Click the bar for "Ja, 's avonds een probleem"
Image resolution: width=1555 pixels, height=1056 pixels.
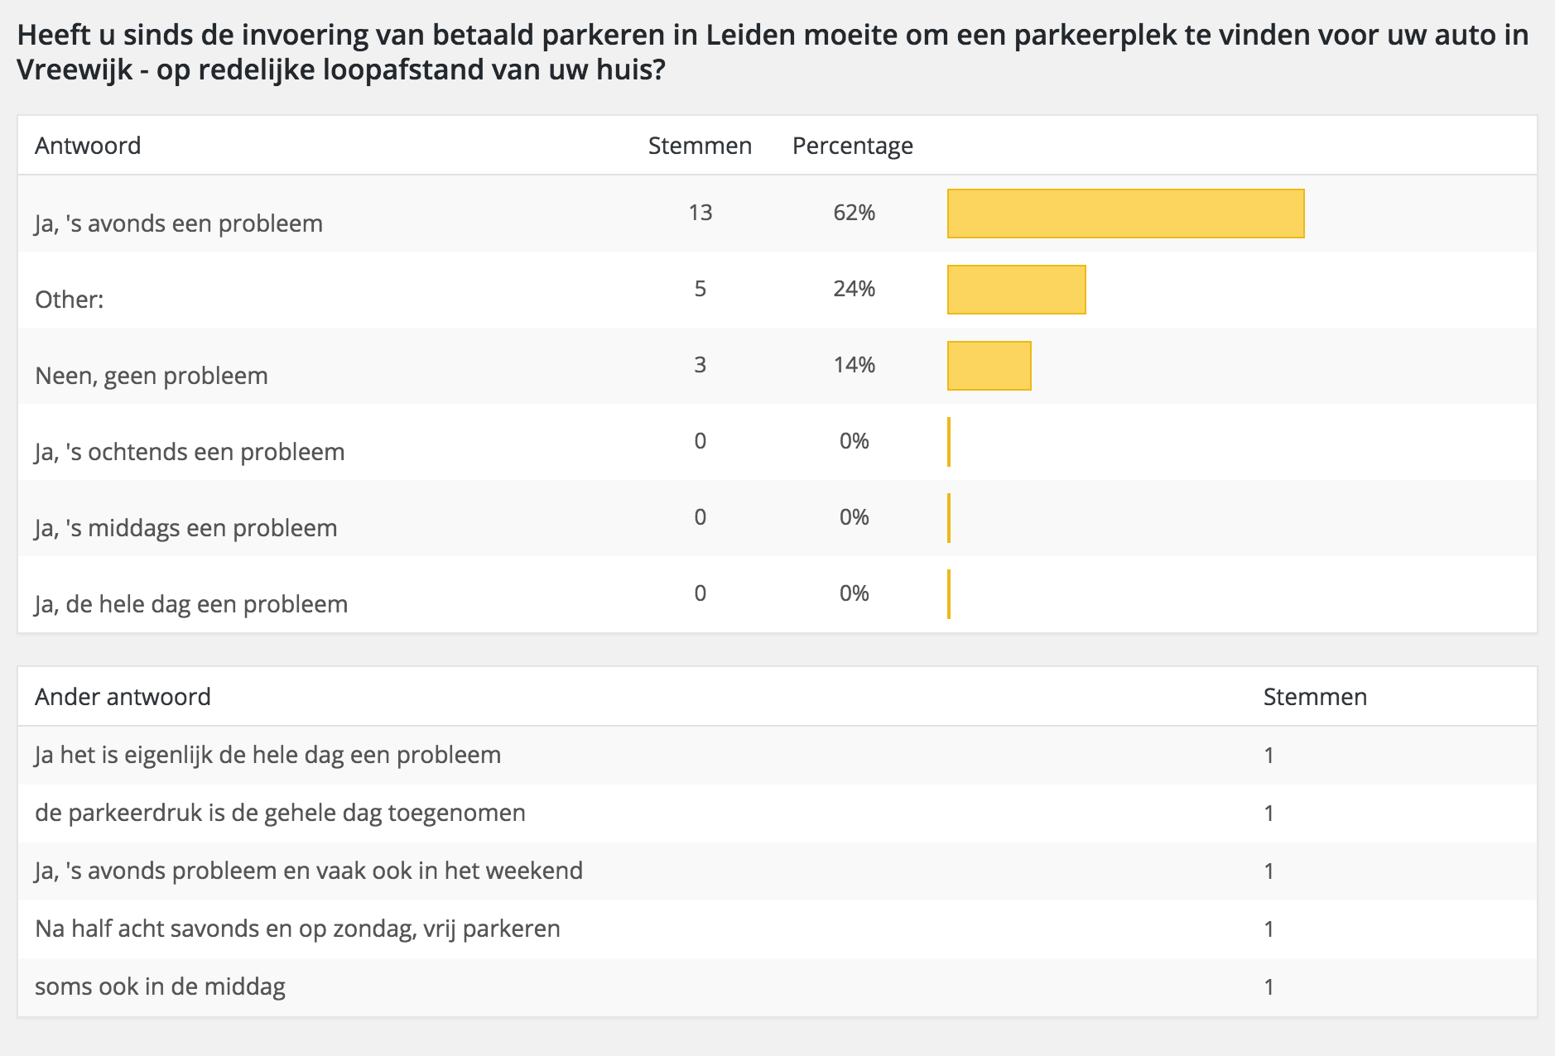[x=1125, y=214]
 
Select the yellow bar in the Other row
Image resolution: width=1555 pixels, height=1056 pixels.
[x=1016, y=290]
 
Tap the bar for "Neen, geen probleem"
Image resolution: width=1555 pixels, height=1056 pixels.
[x=989, y=366]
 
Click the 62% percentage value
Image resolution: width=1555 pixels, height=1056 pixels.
[x=854, y=213]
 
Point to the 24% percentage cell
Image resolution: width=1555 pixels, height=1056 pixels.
[x=854, y=289]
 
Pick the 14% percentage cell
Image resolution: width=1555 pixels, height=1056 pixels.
[x=854, y=365]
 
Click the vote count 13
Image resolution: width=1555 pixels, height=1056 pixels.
[x=700, y=213]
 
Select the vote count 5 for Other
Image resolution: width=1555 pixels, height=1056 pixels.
[x=700, y=289]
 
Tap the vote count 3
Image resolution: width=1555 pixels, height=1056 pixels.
[x=700, y=365]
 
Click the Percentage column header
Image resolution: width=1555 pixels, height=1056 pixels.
[x=852, y=146]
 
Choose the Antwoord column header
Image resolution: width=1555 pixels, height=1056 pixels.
[x=88, y=146]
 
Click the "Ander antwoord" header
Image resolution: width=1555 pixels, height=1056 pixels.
[x=123, y=697]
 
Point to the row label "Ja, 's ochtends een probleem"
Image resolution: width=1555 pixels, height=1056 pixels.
[x=190, y=452]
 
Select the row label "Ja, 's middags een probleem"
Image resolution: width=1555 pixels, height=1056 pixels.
[x=186, y=528]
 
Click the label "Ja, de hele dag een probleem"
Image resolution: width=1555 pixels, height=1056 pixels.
[x=191, y=604]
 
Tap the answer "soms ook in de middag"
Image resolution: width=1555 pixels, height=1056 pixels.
[x=160, y=986]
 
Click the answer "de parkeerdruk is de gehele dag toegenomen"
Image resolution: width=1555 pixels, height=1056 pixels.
[x=280, y=813]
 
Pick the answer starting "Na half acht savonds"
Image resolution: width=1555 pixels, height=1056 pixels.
[x=297, y=929]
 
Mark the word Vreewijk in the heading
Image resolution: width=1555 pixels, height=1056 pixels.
[x=75, y=70]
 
